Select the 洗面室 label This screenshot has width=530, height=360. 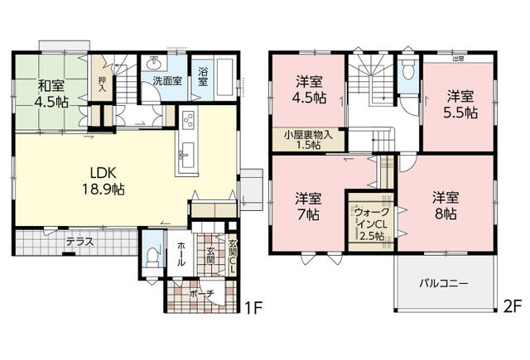point(166,82)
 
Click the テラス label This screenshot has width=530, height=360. point(79,242)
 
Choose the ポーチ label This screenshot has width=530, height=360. point(202,293)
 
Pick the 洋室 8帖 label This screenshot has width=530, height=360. point(445,205)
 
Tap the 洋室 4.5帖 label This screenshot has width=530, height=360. point(311,89)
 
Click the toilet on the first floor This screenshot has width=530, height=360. point(150,256)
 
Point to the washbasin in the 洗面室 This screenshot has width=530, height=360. point(154,64)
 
